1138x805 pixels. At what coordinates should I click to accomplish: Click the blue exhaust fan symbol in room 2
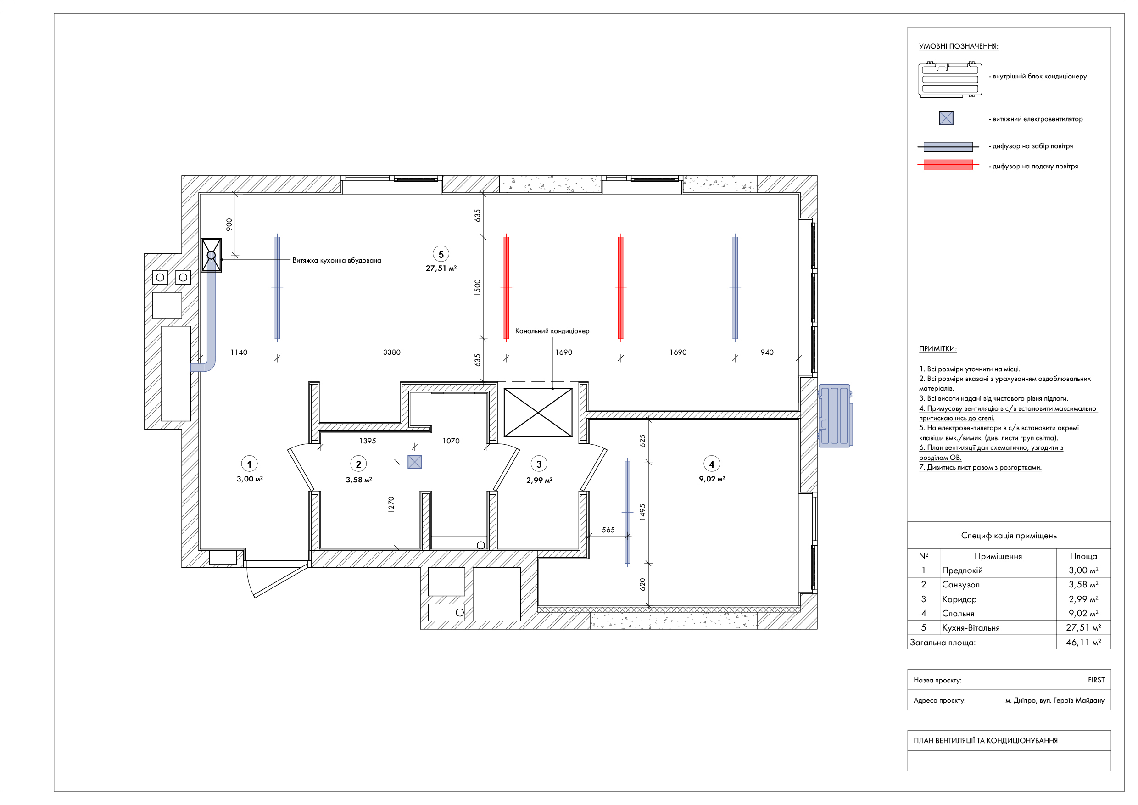point(414,462)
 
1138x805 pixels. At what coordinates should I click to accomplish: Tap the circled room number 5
point(441,254)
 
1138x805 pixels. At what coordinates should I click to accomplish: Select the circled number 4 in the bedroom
point(712,464)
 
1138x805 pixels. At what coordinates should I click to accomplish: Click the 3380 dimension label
point(391,352)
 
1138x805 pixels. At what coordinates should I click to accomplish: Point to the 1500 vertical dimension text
point(477,287)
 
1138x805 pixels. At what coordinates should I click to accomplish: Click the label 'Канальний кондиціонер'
point(552,331)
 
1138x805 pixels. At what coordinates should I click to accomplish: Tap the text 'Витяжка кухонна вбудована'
point(336,260)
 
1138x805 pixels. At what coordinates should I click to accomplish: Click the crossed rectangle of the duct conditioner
point(538,413)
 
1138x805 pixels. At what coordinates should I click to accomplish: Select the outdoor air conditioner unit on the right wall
point(836,416)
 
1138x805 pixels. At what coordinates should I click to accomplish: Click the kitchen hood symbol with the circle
point(211,255)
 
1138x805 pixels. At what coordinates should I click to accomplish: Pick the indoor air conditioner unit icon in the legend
point(950,79)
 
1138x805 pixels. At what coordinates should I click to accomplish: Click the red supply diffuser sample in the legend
point(948,165)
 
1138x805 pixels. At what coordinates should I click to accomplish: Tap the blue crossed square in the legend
point(946,118)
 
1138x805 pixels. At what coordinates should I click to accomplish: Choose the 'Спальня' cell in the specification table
point(958,614)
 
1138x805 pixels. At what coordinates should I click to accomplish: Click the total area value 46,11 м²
point(1083,643)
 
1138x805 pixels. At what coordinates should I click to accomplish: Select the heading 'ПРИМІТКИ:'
point(938,348)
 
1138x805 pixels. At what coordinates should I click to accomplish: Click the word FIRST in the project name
point(1096,680)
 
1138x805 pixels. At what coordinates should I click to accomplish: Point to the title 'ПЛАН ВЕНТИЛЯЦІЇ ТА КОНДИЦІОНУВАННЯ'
point(986,741)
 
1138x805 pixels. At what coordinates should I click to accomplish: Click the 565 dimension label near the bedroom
point(608,530)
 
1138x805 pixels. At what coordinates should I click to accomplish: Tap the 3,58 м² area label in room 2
point(359,480)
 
